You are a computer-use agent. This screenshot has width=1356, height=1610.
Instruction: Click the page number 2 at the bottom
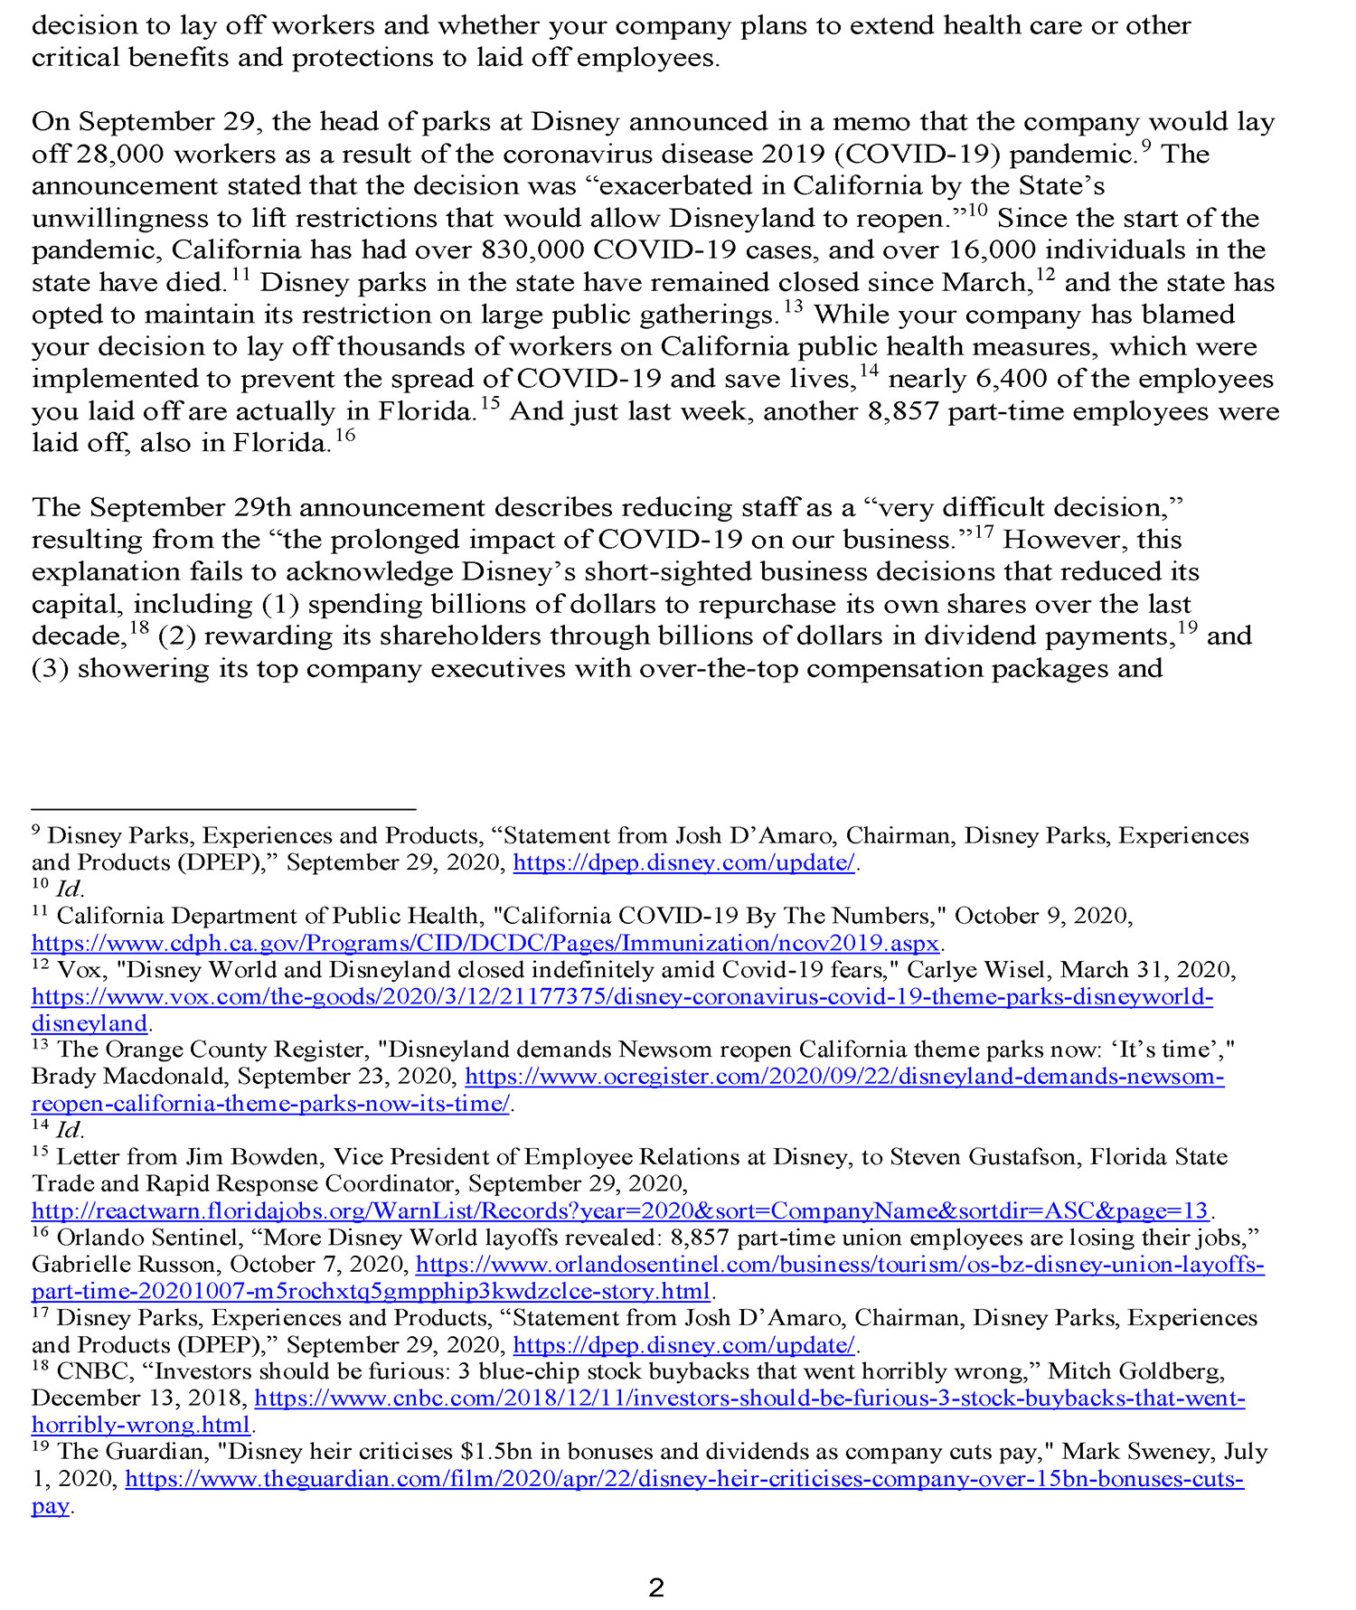657,1587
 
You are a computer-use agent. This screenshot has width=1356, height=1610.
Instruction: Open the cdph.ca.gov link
485,944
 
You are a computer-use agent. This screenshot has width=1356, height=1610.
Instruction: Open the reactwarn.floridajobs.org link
619,1211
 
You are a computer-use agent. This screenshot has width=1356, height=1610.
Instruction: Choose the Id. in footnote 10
70,889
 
